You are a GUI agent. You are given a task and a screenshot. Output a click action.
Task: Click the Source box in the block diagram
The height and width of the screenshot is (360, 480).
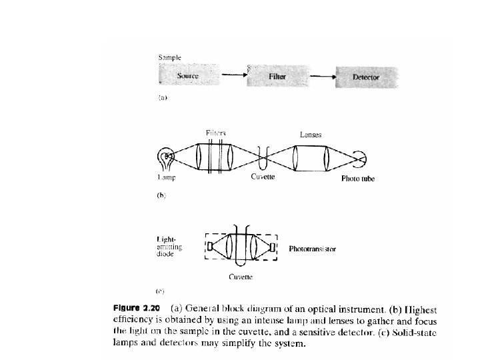[188, 76]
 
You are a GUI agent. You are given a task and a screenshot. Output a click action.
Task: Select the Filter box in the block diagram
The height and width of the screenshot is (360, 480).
[277, 77]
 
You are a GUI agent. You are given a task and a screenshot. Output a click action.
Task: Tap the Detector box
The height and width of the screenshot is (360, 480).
[365, 77]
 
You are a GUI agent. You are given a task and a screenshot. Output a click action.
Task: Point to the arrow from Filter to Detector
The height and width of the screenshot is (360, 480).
[322, 76]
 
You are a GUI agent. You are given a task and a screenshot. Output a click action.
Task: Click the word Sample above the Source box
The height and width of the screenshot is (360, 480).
[169, 57]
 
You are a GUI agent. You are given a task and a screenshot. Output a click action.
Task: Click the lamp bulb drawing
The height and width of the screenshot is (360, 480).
[165, 159]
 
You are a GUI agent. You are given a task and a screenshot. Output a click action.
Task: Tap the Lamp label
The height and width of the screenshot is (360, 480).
[166, 178]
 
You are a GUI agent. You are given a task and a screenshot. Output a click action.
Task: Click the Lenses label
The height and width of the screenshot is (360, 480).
[311, 134]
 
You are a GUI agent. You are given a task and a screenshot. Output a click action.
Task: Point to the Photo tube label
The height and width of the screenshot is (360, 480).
[358, 179]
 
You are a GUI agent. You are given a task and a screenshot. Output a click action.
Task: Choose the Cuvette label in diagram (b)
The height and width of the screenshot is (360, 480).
[263, 177]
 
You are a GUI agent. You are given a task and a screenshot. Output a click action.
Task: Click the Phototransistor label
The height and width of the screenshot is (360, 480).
[313, 249]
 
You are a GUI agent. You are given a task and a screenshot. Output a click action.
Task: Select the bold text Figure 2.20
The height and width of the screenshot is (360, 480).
[137, 309]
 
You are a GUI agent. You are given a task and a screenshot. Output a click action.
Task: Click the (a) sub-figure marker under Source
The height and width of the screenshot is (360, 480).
[161, 98]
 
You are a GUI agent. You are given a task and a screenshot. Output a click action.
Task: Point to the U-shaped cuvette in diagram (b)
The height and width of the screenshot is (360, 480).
[263, 159]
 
